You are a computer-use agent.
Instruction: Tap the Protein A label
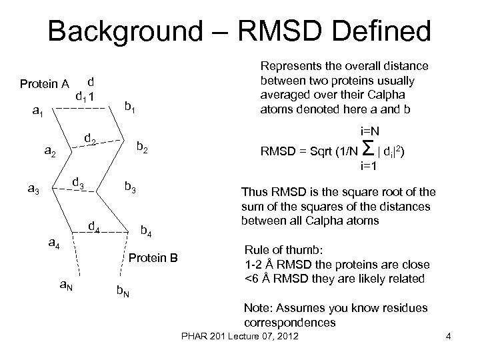coord(45,84)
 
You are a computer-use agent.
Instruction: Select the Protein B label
coord(154,257)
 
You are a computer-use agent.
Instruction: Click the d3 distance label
coord(78,182)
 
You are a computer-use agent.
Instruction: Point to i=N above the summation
coord(371,131)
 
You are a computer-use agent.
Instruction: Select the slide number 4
coord(449,343)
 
